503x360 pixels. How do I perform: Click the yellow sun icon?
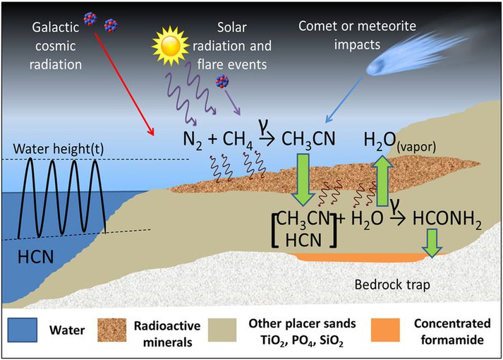click(x=170, y=46)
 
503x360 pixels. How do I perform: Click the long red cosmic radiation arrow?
click(x=124, y=84)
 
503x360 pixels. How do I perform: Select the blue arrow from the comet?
click(x=344, y=100)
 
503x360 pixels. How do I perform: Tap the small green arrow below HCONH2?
click(x=432, y=243)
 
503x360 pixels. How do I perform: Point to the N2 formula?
click(x=193, y=140)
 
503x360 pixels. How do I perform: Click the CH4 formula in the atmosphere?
click(x=238, y=140)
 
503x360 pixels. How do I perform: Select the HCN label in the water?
click(x=35, y=257)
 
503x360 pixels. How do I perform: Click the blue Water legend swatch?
click(x=23, y=330)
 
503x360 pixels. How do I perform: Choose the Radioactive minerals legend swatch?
click(x=111, y=330)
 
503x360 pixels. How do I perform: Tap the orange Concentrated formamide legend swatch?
click(x=385, y=330)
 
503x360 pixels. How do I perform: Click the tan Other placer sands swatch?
click(x=222, y=330)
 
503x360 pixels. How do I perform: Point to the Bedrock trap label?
click(x=392, y=284)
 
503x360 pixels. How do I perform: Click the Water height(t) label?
click(x=59, y=149)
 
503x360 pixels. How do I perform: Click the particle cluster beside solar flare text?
click(x=222, y=81)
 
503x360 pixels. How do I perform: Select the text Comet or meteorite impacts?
click(x=357, y=35)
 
